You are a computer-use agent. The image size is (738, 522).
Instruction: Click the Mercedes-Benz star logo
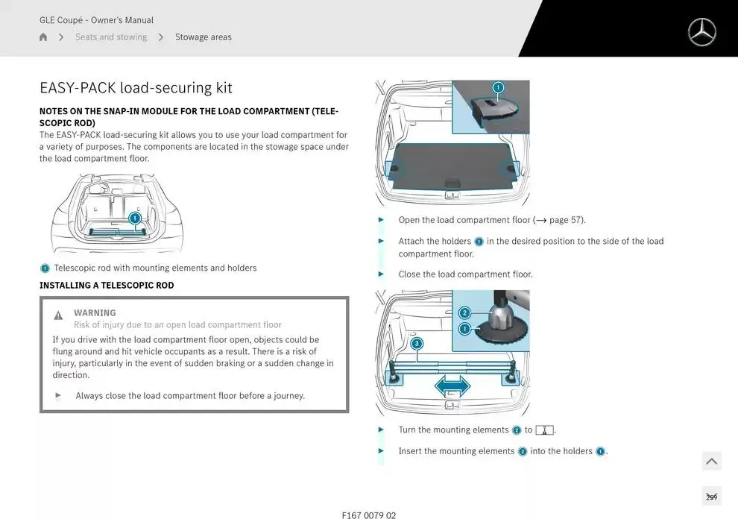701,33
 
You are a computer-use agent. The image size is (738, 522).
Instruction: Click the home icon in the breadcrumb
43,37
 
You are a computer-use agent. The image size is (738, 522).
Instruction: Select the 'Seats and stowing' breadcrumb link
111,37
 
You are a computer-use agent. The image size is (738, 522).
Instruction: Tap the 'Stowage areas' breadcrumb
203,37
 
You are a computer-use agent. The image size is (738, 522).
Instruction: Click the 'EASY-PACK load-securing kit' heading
136,88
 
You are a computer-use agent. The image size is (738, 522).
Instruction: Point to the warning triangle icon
58,315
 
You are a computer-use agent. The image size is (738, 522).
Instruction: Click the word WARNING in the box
95,313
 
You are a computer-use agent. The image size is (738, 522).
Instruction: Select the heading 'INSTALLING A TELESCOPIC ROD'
107,286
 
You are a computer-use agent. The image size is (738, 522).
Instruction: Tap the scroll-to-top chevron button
711,462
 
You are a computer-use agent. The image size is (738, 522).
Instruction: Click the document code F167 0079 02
369,515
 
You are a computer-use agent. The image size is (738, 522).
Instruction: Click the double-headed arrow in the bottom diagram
452,385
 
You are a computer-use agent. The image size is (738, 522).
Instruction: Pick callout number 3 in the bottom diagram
417,344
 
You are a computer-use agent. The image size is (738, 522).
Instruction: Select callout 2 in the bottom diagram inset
464,312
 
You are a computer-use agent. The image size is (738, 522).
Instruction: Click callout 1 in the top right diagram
498,88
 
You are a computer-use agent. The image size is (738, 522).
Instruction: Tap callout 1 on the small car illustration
135,218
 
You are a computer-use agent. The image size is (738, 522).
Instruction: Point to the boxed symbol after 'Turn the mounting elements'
544,430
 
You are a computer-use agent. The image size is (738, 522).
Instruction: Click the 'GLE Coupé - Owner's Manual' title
96,20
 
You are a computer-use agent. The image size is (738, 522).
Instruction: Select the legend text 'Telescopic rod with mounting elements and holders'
155,268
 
